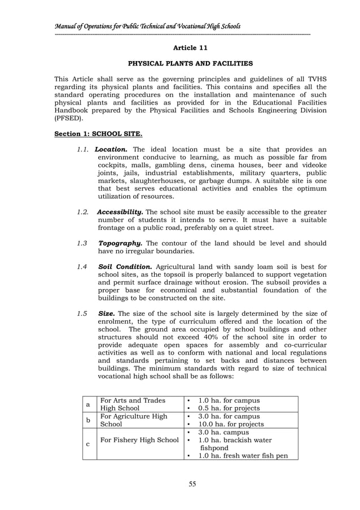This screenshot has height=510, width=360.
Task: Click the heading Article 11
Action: pyautogui.click(x=190, y=48)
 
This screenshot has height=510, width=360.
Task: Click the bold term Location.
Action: pyautogui.click(x=112, y=150)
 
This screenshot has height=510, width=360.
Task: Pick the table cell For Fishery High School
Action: pyautogui.click(x=139, y=440)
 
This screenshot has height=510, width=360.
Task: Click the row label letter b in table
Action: pyautogui.click(x=87, y=420)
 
